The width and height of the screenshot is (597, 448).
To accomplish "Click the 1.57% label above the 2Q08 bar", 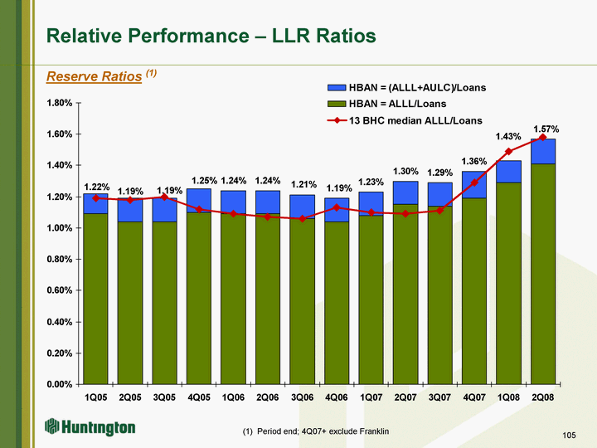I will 546,129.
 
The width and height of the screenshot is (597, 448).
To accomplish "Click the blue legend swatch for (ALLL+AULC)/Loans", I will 337,87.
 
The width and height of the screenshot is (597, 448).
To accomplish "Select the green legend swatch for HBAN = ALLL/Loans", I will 337,104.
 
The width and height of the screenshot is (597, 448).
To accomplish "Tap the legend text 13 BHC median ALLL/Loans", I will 415,120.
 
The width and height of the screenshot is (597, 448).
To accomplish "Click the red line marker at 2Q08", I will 543,138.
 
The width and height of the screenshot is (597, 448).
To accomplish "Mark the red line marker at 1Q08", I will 508,152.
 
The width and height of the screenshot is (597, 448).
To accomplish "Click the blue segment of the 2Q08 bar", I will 543,151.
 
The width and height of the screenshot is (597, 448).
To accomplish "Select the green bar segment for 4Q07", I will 474,290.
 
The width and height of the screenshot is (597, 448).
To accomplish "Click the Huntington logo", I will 90,427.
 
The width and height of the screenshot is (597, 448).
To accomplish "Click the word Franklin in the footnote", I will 372,432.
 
